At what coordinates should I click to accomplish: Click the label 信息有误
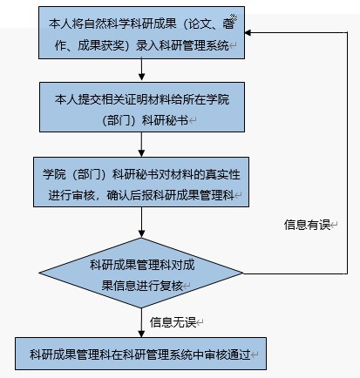(x=307, y=225)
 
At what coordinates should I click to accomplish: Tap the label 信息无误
(x=173, y=322)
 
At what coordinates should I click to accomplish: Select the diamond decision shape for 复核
(x=141, y=273)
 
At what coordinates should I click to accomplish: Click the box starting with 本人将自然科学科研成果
(x=141, y=33)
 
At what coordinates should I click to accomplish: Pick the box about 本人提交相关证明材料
(x=142, y=107)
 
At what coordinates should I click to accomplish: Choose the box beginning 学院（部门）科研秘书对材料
(x=141, y=182)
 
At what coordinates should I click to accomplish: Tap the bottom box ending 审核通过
(x=141, y=354)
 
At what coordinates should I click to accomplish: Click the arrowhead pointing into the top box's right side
(x=248, y=32)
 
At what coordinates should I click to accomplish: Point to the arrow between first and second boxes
(x=141, y=70)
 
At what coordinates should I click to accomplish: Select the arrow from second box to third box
(x=141, y=145)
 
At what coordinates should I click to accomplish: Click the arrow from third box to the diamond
(x=141, y=222)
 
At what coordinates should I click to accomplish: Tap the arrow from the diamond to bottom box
(x=141, y=322)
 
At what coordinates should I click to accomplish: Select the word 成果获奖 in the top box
(x=101, y=45)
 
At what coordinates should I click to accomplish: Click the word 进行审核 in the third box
(x=71, y=195)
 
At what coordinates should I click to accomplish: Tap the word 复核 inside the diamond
(x=171, y=286)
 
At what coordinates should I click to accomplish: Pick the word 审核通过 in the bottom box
(x=228, y=354)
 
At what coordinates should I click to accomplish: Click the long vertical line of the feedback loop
(x=347, y=153)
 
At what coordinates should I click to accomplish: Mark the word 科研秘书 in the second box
(x=166, y=120)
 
